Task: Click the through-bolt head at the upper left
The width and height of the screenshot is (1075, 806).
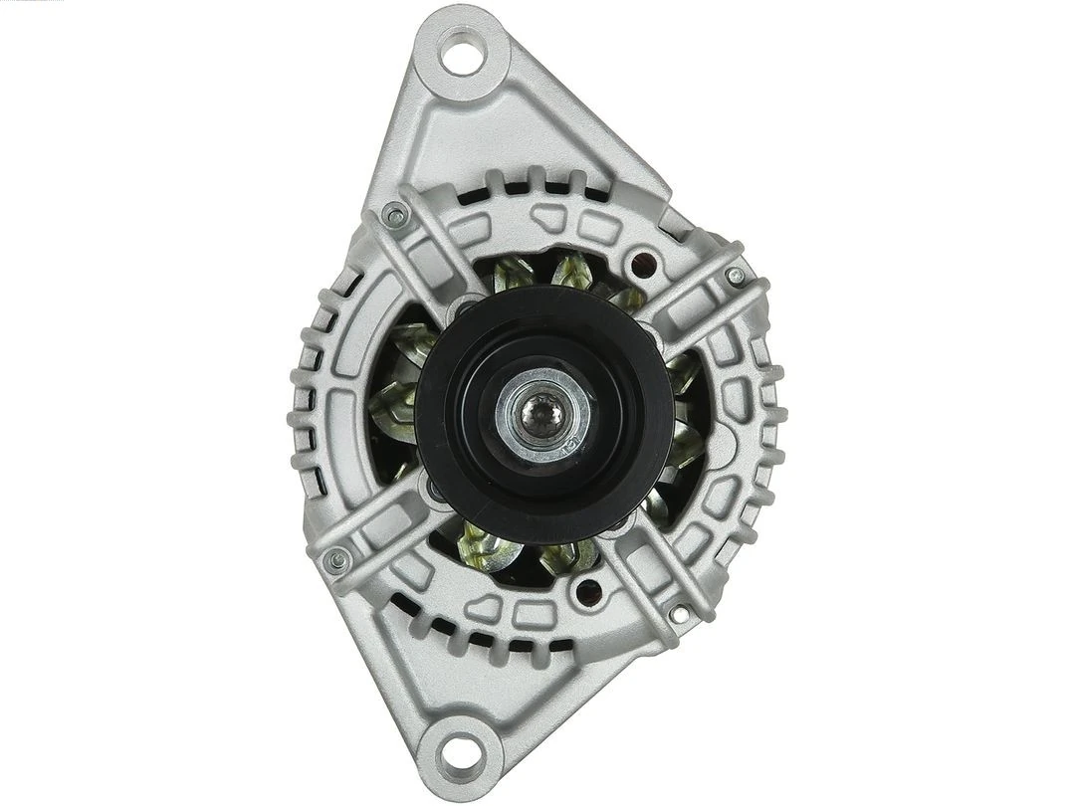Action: click(x=395, y=212)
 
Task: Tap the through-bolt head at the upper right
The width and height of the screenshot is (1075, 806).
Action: click(x=735, y=275)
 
